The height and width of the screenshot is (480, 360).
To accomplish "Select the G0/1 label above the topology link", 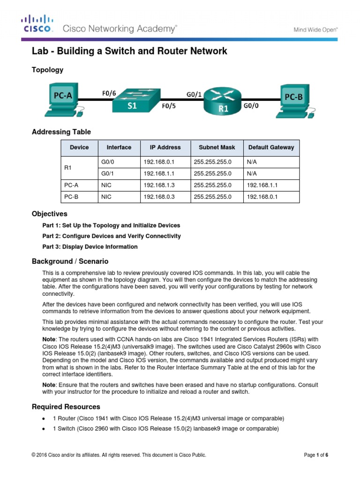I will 194,94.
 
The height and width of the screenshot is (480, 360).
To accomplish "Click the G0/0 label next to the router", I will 251,106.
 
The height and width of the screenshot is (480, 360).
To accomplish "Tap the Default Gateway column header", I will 271,147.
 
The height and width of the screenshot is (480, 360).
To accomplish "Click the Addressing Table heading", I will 61,132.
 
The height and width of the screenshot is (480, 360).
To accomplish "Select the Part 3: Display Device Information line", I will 90,247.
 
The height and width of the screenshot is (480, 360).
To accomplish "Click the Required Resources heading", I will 66,406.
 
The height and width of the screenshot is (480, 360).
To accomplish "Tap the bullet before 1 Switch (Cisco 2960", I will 43,429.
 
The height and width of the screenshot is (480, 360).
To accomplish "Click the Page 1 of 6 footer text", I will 316,455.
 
